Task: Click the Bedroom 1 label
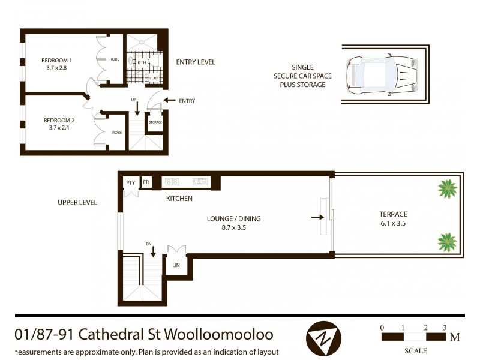click(x=56, y=60)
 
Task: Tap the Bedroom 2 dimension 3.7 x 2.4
click(x=56, y=127)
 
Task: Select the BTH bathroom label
click(x=142, y=62)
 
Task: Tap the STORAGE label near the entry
click(x=155, y=122)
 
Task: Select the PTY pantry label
click(x=130, y=182)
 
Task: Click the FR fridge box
click(x=145, y=182)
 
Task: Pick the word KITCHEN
click(x=179, y=199)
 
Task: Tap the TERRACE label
click(x=393, y=214)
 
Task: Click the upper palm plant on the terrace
click(x=447, y=189)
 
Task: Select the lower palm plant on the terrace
click(x=447, y=242)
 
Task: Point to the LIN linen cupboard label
click(x=177, y=265)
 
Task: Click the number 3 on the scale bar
click(x=445, y=328)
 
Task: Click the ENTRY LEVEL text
click(x=196, y=62)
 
